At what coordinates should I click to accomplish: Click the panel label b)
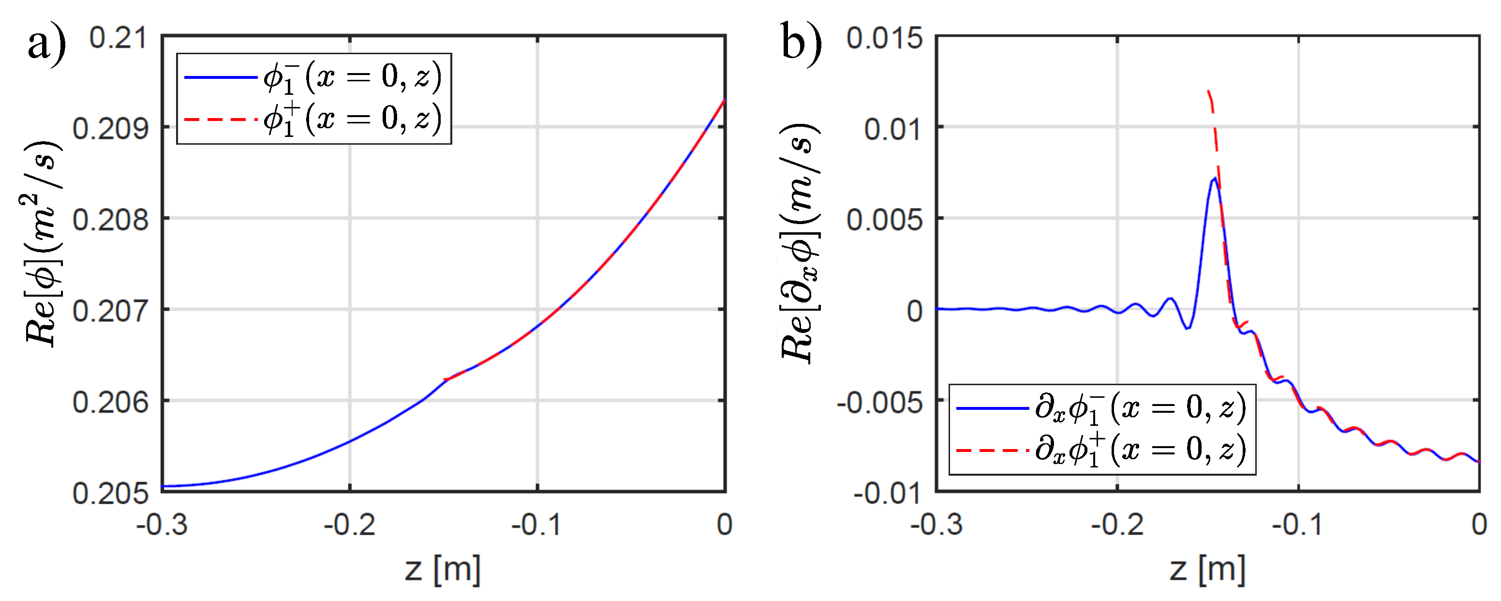[801, 42]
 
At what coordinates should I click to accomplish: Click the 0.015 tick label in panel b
[885, 39]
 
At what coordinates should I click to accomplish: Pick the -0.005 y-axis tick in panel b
[880, 402]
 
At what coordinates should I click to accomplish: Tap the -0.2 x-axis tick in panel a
[350, 525]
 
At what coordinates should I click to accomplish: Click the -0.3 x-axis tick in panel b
[936, 525]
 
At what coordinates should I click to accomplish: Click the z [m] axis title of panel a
[443, 569]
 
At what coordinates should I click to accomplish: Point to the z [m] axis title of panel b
[1207, 569]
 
